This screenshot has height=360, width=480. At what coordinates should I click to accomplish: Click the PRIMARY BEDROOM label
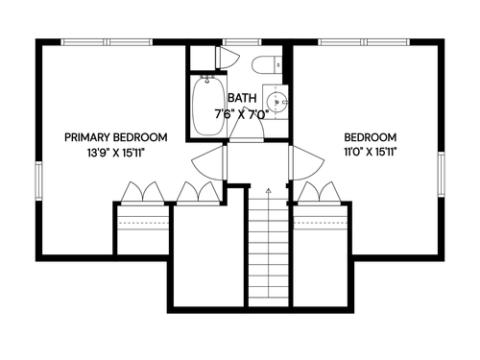tap(116, 137)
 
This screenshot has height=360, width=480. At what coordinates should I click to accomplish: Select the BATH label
tap(242, 98)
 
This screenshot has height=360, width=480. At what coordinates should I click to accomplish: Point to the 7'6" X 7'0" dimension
tap(241, 114)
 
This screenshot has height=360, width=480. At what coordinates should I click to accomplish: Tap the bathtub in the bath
tap(207, 106)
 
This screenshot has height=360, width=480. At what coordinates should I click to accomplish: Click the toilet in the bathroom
tap(267, 64)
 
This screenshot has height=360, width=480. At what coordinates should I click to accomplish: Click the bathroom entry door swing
tap(247, 123)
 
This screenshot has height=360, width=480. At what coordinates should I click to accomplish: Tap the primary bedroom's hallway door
tap(209, 163)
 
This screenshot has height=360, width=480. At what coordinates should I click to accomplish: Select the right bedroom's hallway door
tap(305, 163)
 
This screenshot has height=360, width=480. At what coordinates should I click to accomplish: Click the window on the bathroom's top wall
tap(242, 42)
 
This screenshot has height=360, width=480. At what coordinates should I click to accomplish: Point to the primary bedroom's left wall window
tap(38, 180)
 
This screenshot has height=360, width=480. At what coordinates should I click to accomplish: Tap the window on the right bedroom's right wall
tap(441, 175)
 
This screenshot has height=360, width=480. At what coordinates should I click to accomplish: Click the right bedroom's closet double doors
tap(319, 193)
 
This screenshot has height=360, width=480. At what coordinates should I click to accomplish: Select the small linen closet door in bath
tap(227, 58)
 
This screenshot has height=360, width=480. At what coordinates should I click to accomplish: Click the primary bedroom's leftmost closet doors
tap(142, 193)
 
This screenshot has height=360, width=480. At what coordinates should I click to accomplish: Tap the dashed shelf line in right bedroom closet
tap(321, 223)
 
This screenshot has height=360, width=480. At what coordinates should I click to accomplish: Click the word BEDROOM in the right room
tap(371, 137)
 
